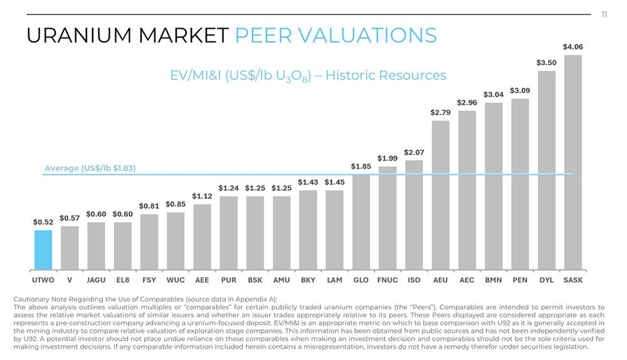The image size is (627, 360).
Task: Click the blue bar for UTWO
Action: click(43, 250)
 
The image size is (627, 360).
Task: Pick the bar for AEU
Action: click(441, 194)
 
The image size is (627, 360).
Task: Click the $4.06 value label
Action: click(573, 47)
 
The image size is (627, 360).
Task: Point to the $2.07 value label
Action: click(414, 152)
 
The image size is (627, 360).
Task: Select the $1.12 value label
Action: click(202, 196)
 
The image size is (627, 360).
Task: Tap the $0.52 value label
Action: click(43, 222)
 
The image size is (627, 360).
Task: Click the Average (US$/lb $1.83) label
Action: click(90, 169)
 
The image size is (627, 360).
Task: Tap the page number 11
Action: click(604, 14)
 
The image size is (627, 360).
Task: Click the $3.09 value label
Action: click(520, 91)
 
